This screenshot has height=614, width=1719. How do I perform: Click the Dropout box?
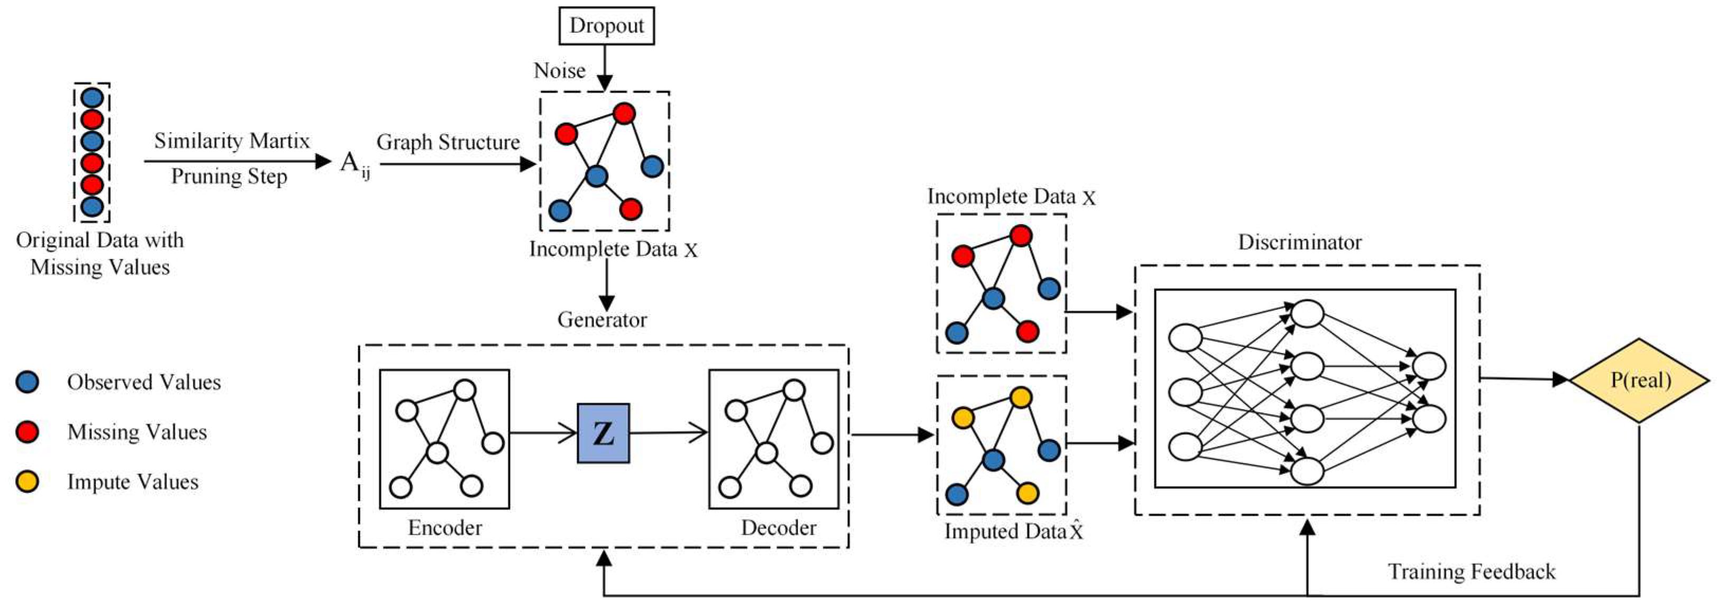(606, 26)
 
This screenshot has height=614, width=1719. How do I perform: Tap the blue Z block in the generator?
(603, 433)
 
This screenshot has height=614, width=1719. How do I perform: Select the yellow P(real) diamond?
(1640, 380)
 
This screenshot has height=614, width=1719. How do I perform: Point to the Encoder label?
(445, 528)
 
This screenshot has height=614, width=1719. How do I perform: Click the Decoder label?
(778, 528)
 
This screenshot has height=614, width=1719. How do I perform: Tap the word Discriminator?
(1299, 241)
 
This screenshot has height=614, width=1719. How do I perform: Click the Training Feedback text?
(1472, 572)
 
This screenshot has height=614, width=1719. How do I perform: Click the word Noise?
(559, 71)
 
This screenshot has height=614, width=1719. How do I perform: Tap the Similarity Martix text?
(232, 141)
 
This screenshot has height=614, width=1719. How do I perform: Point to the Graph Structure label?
(448, 142)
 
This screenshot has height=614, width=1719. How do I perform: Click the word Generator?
(602, 320)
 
